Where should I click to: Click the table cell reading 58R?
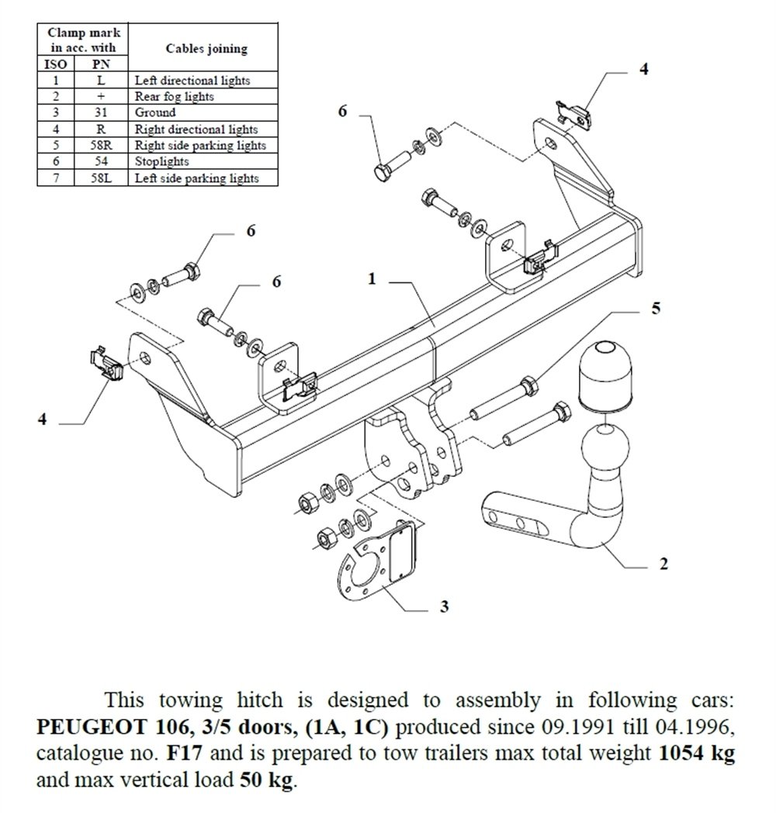[101, 145]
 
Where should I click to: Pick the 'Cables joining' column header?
[206, 48]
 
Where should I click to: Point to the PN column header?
[101, 64]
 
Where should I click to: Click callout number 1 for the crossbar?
[372, 279]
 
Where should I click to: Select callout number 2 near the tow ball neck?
[663, 564]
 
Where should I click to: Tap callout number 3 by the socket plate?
[444, 606]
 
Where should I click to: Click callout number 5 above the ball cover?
[656, 308]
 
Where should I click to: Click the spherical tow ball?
[605, 447]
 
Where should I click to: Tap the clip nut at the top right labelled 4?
[575, 114]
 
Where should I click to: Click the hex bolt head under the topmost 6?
[383, 173]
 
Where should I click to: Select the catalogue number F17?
[184, 753]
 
